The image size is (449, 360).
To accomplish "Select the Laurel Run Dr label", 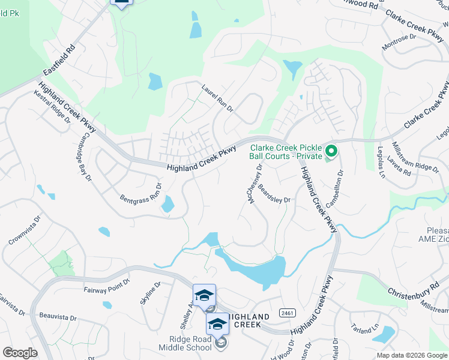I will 217,97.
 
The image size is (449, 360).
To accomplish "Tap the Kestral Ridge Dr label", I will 52,107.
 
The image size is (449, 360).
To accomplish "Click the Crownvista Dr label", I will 24,231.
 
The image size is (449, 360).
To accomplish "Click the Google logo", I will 20,353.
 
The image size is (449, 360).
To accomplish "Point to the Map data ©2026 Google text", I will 411,355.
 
